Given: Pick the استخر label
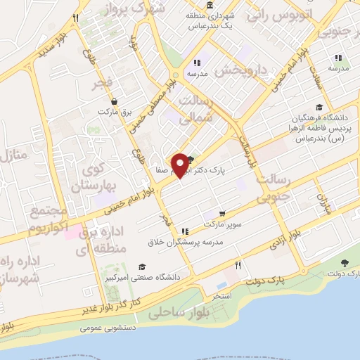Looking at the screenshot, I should pyautogui.click(x=222, y=296).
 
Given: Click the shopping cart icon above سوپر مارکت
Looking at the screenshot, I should pyautogui.click(x=223, y=214).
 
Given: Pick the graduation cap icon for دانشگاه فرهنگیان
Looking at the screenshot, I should pyautogui.click(x=319, y=107).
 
